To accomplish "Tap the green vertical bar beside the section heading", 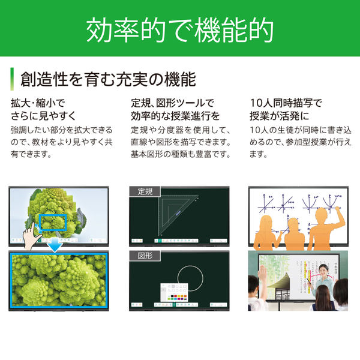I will [x=12, y=79].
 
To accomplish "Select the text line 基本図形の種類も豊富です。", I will [x=180, y=155].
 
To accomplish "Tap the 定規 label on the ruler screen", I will [x=145, y=192].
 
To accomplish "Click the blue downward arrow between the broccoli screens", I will [x=55, y=244].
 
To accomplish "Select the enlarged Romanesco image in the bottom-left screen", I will [x=59, y=281].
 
